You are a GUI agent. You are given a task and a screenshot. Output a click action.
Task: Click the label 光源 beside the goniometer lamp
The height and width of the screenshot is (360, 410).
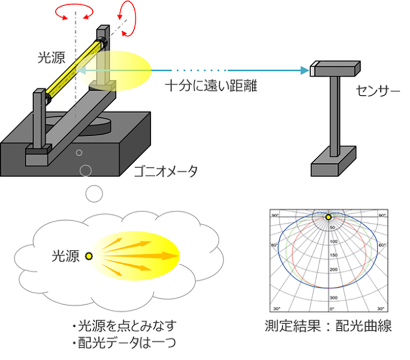(51, 56)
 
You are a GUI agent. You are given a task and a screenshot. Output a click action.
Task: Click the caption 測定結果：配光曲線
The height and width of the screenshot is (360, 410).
(329, 326)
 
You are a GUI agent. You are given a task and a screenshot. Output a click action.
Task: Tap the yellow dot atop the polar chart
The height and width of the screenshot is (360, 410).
(329, 217)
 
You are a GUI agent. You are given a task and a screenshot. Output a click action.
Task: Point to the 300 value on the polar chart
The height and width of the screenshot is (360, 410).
(334, 298)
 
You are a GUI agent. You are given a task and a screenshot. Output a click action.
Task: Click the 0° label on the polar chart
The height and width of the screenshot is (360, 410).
(332, 309)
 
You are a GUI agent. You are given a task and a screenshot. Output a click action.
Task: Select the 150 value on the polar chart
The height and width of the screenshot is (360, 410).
(334, 255)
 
